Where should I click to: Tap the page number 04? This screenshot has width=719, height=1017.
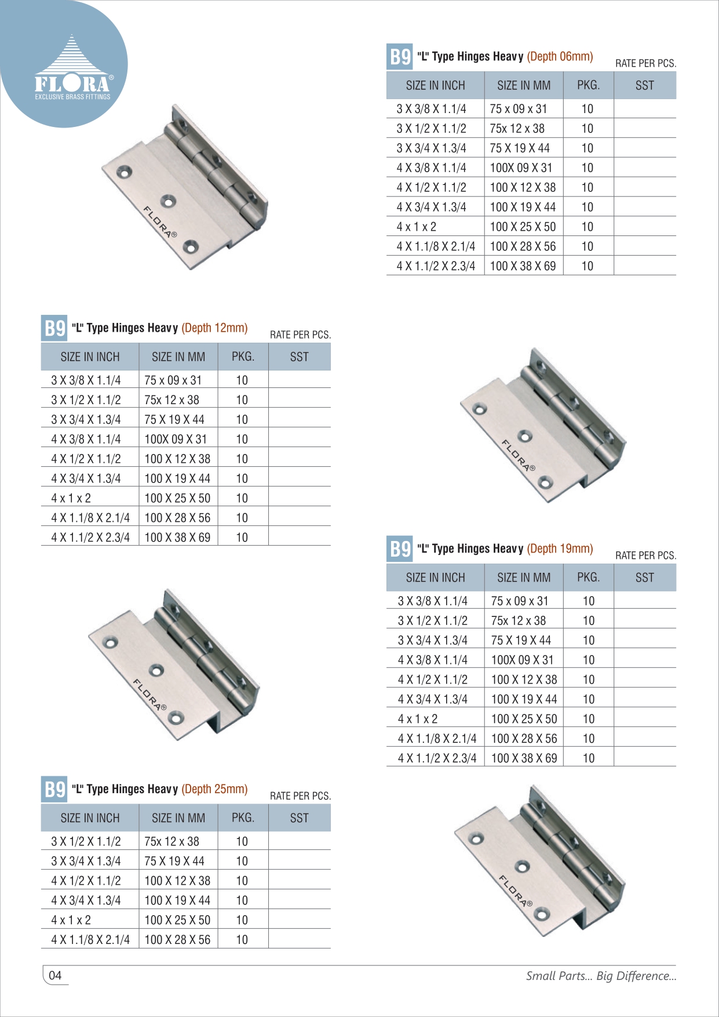click(x=55, y=975)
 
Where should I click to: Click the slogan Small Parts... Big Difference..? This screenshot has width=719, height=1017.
click(x=601, y=976)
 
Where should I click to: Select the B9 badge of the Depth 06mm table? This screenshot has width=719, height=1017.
click(x=400, y=57)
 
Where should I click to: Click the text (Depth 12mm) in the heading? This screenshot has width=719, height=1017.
click(x=214, y=328)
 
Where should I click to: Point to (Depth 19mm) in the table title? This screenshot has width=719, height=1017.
click(x=560, y=549)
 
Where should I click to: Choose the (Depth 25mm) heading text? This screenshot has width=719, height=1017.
click(x=214, y=789)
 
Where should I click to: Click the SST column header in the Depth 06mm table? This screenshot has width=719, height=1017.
click(x=644, y=86)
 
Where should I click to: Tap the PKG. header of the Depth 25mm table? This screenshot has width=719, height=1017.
click(x=243, y=818)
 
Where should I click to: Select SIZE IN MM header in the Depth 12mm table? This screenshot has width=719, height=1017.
click(x=178, y=357)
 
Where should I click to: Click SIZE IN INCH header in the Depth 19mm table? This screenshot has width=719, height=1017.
click(x=435, y=577)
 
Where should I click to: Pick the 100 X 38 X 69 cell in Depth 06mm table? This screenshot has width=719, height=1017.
click(x=523, y=266)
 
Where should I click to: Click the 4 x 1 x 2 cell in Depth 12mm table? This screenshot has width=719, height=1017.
click(x=71, y=498)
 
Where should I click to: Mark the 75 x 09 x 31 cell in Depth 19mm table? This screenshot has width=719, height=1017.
click(x=519, y=601)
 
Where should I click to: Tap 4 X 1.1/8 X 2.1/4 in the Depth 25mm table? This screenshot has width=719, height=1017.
click(x=90, y=939)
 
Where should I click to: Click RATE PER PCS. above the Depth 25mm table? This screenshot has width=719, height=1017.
click(x=300, y=796)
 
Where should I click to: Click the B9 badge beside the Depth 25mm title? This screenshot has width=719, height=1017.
click(x=54, y=790)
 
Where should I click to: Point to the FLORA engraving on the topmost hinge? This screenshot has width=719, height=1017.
click(x=160, y=222)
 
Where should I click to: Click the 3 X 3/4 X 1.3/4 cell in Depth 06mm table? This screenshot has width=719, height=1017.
click(x=431, y=148)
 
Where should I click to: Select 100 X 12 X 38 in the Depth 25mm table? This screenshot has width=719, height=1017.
click(x=177, y=881)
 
